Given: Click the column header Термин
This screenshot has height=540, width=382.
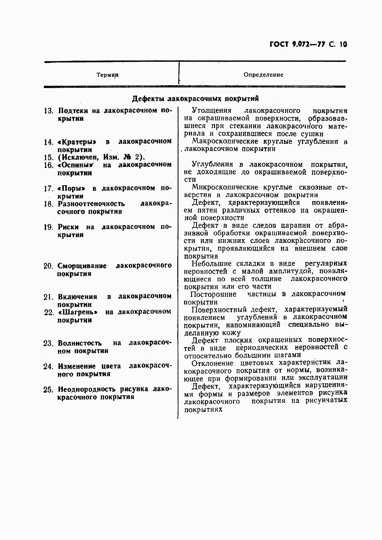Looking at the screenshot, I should coord(107,75).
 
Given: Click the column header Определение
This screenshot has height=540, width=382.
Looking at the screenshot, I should coord(263,75).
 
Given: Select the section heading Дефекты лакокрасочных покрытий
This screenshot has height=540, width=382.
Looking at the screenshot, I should coord(195,98).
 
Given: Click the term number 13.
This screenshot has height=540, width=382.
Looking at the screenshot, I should coord(48,111).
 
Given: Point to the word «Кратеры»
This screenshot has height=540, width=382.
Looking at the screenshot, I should coord(77,142).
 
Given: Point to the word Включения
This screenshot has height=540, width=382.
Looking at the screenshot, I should coord(77,296).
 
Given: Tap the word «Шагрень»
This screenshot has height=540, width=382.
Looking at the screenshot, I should coord(77,312).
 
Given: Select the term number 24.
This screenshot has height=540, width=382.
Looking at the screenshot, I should coord(48,366).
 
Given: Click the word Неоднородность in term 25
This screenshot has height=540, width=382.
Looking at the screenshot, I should coord(87,389).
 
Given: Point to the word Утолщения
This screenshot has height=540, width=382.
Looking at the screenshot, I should coord(210,111).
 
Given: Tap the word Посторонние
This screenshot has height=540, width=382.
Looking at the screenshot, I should coord(213,294).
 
